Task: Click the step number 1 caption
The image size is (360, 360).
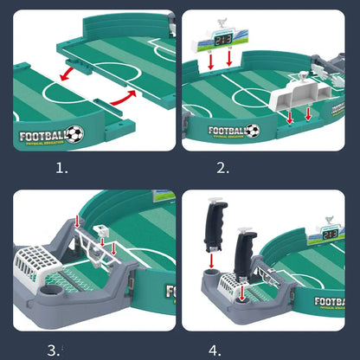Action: tap(61, 168)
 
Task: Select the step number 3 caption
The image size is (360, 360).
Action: tap(55, 349)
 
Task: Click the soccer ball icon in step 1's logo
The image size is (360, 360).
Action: tap(75, 134)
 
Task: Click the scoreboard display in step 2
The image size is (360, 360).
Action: tap(223, 39)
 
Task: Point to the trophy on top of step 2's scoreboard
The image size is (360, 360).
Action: tap(223, 19)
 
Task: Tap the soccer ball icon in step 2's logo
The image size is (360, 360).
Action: tap(252, 131)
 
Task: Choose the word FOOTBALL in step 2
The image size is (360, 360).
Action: tap(228, 132)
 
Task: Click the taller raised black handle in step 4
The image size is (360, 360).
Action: tap(211, 220)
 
